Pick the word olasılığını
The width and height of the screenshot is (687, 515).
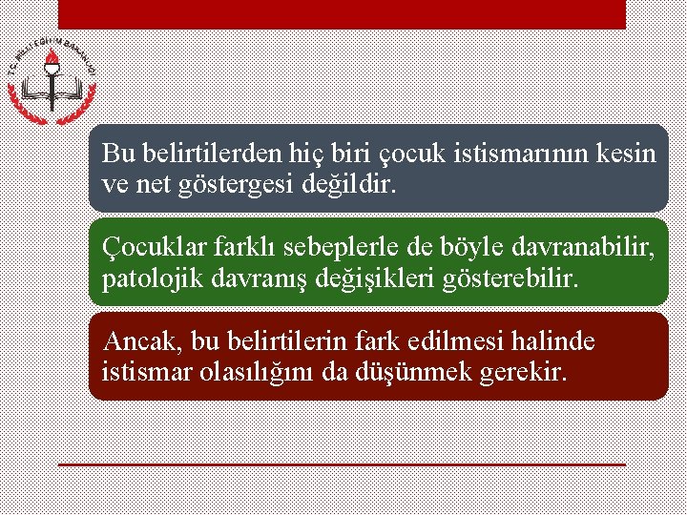(261, 372)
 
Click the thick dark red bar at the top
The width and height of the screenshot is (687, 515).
(342, 14)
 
